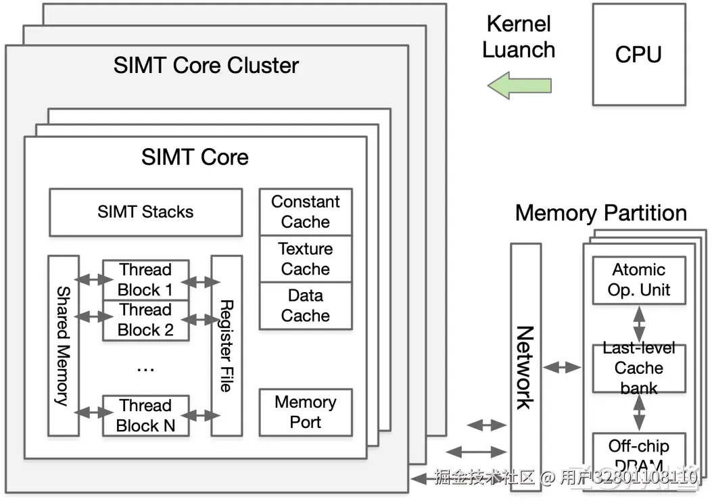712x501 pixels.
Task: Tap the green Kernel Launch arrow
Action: pos(519,87)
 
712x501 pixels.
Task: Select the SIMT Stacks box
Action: pos(145,212)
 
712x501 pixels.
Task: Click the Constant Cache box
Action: pos(306,212)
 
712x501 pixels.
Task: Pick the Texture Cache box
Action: pos(306,259)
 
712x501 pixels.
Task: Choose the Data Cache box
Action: pos(306,306)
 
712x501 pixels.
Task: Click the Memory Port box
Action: pos(306,412)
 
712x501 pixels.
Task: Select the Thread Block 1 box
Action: pos(145,280)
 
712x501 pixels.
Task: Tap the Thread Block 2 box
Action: pos(145,320)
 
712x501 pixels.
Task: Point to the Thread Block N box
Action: pos(145,415)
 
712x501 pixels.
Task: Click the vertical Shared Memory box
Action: pos(64,345)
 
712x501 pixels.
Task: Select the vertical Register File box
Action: pos(227,345)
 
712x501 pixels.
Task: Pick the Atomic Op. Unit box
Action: pos(639,280)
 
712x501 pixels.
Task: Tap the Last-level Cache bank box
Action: pos(639,368)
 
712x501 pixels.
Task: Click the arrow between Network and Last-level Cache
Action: pos(563,368)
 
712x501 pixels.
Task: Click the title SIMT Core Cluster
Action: pos(206,66)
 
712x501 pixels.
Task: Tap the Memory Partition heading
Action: pos(600,214)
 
